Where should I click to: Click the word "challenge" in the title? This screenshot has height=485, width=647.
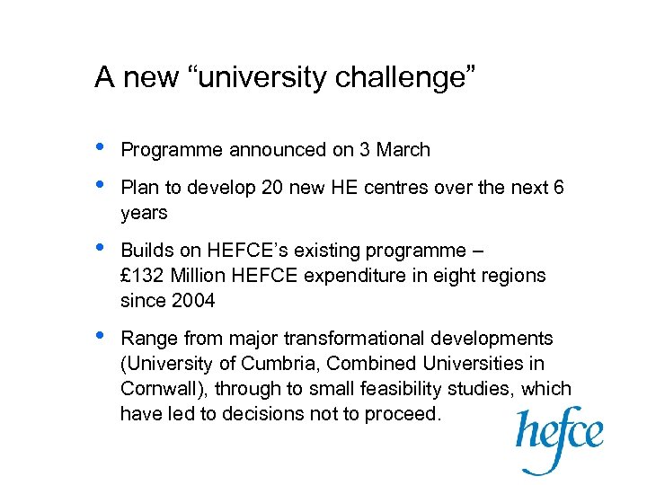pyautogui.click(x=404, y=78)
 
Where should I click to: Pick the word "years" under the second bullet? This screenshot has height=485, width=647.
pyautogui.click(x=144, y=213)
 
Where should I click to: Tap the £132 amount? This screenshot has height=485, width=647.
pyautogui.click(x=140, y=276)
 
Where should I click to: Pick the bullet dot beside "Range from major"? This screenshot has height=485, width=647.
pyautogui.click(x=102, y=335)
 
